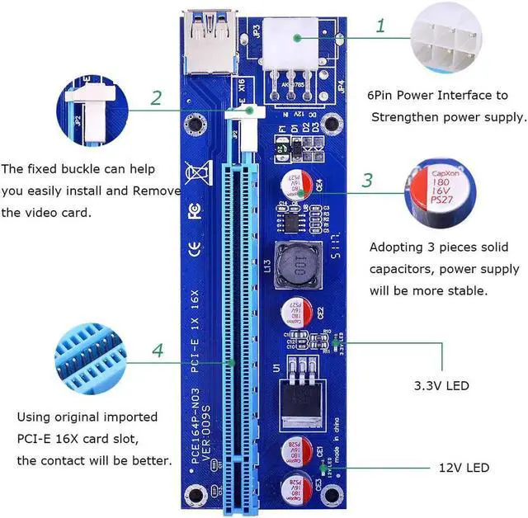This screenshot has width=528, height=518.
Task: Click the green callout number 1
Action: click(380, 26)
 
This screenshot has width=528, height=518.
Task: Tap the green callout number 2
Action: click(156, 98)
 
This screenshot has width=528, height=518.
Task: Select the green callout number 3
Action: click(368, 181)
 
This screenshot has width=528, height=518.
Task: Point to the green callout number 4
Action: click(158, 351)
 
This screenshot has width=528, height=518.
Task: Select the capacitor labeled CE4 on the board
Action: click(296, 184)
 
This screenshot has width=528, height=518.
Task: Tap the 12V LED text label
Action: click(464, 468)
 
